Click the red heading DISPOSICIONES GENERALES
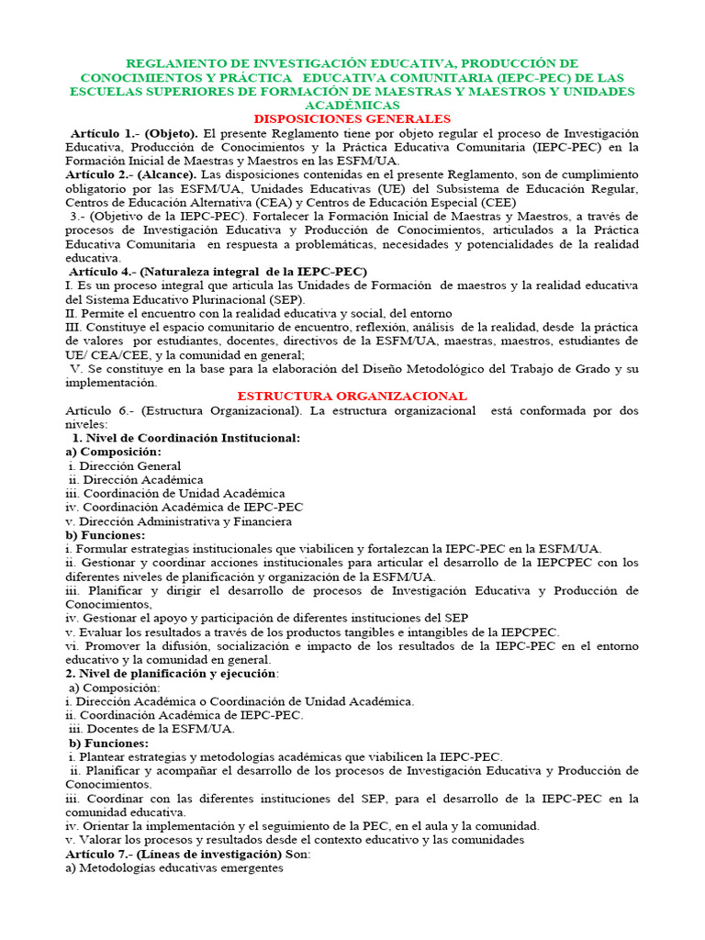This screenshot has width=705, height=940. pos(352,119)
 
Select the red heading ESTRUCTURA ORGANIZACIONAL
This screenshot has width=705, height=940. pos(352,396)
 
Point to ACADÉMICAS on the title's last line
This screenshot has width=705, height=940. pos(352,106)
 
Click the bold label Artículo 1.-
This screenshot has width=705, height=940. pos(105,133)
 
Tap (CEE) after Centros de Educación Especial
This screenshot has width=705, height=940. pos(498,202)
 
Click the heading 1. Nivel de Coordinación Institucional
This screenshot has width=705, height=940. pos(186,438)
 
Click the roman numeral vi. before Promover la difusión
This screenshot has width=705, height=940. pos(73,645)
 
